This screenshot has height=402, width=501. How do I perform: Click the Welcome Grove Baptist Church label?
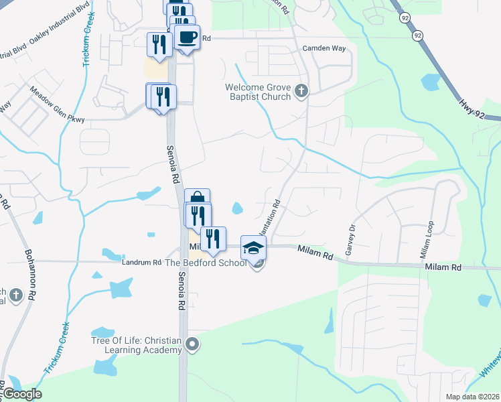point(258,92)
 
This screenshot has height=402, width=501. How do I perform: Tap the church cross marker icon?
point(301,90)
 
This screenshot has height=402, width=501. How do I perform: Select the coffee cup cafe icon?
point(188,38)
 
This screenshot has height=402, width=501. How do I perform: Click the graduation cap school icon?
point(253,248)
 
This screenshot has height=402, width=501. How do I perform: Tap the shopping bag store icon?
point(198,198)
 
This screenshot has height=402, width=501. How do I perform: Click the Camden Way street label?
point(324,49)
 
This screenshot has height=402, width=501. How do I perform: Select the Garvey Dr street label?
point(349,239)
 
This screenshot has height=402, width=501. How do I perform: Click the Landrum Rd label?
point(141,263)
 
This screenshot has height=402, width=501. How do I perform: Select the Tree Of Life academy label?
point(137,345)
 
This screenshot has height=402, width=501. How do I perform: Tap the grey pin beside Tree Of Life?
point(193,345)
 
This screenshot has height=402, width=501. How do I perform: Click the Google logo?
point(22,394)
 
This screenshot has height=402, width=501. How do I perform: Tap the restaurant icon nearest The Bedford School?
point(213,239)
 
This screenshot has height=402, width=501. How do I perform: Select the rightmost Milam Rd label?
point(443,267)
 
